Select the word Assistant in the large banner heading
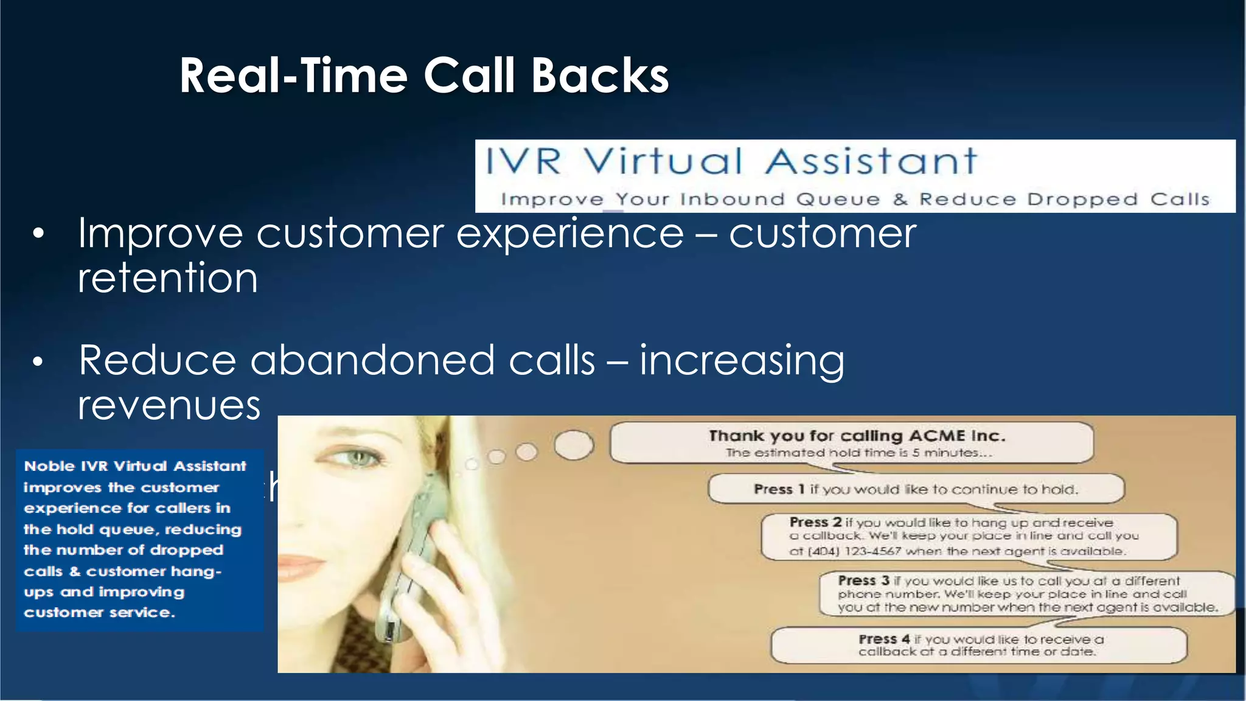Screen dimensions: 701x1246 pyautogui.click(x=871, y=162)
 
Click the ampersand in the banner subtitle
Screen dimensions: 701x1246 pyautogui.click(x=900, y=200)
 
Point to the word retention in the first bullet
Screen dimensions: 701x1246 pyautogui.click(x=168, y=278)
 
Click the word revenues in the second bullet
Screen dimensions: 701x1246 pyautogui.click(x=169, y=405)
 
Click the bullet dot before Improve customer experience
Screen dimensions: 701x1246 pyautogui.click(x=38, y=234)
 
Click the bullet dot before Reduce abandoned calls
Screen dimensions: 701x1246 pyautogui.click(x=38, y=362)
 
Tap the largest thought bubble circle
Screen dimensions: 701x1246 pyautogui.click(x=574, y=445)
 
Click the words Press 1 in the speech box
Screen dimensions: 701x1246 pyautogui.click(x=779, y=489)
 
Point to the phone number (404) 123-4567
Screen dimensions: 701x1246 pyautogui.click(x=845, y=551)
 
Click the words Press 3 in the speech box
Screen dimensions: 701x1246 pyautogui.click(x=863, y=581)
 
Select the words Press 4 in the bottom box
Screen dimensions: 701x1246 pyautogui.click(x=883, y=639)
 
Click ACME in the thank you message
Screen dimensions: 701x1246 pyautogui.click(x=937, y=436)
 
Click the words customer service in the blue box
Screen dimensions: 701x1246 pyautogui.click(x=99, y=613)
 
